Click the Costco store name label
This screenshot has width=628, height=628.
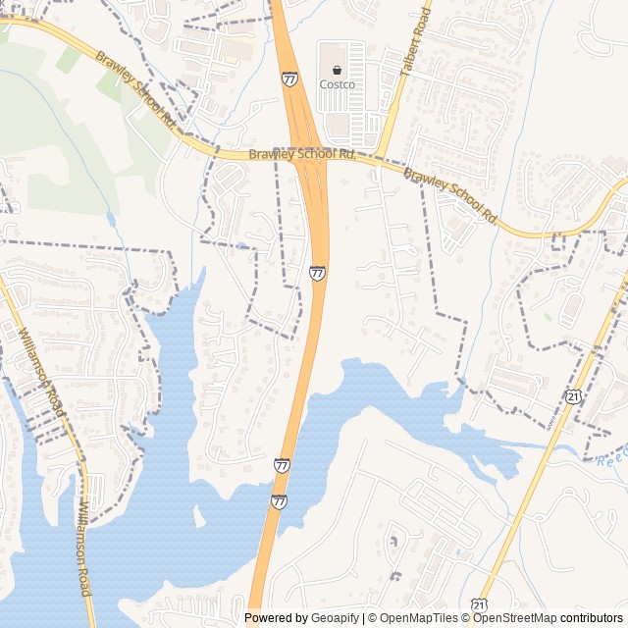337,84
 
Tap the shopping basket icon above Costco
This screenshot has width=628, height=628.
337,70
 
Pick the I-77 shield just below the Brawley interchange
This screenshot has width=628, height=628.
317,272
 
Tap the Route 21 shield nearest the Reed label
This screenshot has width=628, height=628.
572,394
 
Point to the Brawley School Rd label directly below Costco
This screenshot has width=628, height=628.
301,154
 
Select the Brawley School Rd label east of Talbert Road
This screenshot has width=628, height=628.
451,194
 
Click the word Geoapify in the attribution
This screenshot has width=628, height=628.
336,618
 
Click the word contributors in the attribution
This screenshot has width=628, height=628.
592,618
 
